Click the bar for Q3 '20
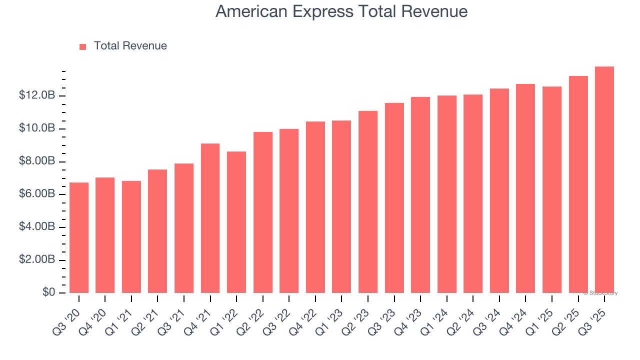tap(79, 237)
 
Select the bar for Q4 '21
tap(210, 218)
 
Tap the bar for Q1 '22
tap(236, 222)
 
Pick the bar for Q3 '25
tap(604, 179)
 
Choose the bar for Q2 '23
tap(368, 202)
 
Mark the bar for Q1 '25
tap(552, 189)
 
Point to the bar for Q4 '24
tap(525, 188)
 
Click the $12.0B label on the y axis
tap(36, 95)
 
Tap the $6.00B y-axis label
tap(36, 194)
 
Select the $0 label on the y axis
tap(48, 292)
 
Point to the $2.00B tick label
tap(36, 259)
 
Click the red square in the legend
tap(83, 46)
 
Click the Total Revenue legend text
tap(130, 46)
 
